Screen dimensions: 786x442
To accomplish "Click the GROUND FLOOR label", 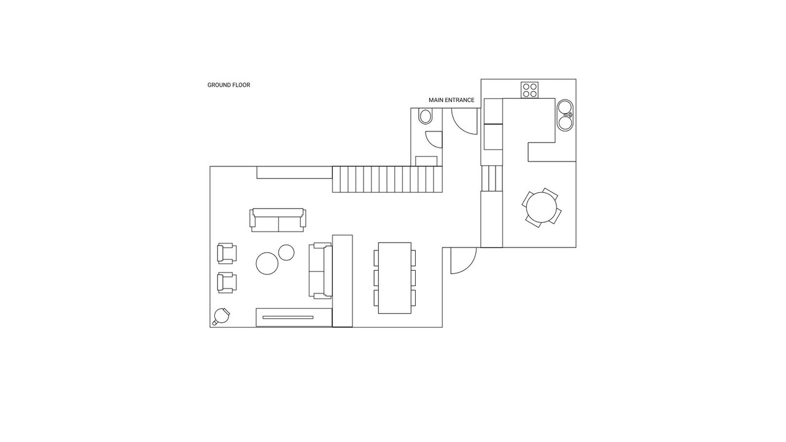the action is pos(228,85).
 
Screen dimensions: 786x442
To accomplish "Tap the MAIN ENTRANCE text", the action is pos(451,100).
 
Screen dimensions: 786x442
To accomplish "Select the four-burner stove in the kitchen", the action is pos(529,90).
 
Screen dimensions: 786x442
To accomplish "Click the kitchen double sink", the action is pos(566,115).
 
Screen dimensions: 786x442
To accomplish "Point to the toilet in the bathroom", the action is pos(426,116).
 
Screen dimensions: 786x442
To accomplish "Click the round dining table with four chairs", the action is pos(542,207).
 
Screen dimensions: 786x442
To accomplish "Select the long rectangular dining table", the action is pos(395,278).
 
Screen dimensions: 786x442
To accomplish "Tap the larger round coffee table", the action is pos(267,263).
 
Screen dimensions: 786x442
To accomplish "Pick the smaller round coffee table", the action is pos(286,252).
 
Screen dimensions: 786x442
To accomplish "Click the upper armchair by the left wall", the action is pos(227,254).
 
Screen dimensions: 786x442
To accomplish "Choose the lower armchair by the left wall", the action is pos(227,282).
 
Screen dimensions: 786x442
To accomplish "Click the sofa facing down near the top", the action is pos(278,220).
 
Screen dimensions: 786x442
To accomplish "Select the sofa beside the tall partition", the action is pos(321,271).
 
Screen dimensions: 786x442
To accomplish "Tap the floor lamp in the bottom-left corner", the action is pos(222,316).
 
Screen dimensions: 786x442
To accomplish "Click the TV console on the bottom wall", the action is pos(294,317).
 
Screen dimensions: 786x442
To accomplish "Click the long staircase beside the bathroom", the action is pos(387,179).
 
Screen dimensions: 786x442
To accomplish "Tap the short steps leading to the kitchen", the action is pos(492,179).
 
